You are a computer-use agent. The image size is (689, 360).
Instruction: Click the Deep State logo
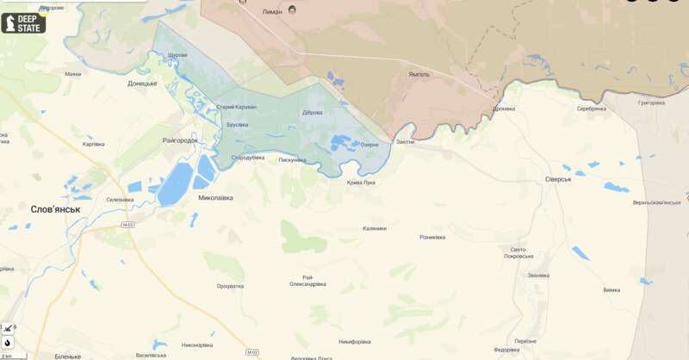(23, 22)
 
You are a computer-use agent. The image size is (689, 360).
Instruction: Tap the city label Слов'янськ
(55, 209)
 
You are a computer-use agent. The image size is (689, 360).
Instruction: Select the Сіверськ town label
(558, 179)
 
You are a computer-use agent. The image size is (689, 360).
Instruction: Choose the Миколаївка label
(215, 198)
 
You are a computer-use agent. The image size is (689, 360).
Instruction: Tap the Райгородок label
(180, 140)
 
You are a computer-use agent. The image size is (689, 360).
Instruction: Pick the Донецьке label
(142, 84)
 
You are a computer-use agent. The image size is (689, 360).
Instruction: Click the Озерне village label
(369, 144)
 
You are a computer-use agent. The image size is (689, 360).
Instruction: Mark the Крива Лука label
(361, 183)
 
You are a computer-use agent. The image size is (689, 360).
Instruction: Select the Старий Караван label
(236, 107)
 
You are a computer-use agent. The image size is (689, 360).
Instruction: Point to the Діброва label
(313, 112)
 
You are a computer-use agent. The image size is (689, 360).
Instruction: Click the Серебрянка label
(592, 109)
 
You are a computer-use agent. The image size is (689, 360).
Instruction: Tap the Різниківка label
(432, 237)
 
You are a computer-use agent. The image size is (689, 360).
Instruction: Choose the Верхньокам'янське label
(656, 202)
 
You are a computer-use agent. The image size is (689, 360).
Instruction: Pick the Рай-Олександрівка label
(307, 280)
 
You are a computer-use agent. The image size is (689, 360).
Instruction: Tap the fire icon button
(8, 342)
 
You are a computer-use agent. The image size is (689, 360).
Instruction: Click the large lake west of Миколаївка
(175, 183)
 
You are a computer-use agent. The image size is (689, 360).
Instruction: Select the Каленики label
(375, 228)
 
